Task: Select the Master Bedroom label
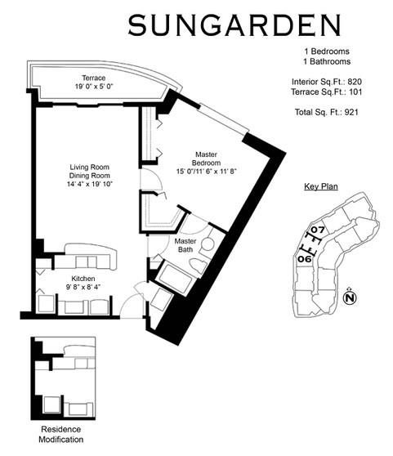coord(207,158)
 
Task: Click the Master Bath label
coord(185,246)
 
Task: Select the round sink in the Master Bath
coord(208,243)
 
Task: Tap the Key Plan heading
coord(321,187)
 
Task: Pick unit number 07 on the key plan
coord(318,230)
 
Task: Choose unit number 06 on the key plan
coord(304,259)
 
